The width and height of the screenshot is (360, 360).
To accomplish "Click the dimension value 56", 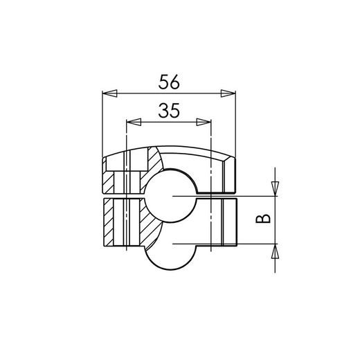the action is click(169, 82).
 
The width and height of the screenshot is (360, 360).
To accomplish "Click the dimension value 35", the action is click(169, 111).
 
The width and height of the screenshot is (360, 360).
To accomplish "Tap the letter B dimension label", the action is click(263, 219).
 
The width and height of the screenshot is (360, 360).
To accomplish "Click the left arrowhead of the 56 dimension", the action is click(110, 93).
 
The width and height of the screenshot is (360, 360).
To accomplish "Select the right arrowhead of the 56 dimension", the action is click(228, 93).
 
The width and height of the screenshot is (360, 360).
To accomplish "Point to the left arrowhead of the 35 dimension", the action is click(134, 122).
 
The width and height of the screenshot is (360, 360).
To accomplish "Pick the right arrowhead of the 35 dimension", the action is click(204, 122).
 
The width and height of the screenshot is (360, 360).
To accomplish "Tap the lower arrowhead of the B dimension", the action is click(275, 251).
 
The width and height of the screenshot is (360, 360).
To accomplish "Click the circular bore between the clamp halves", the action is click(170, 197).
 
